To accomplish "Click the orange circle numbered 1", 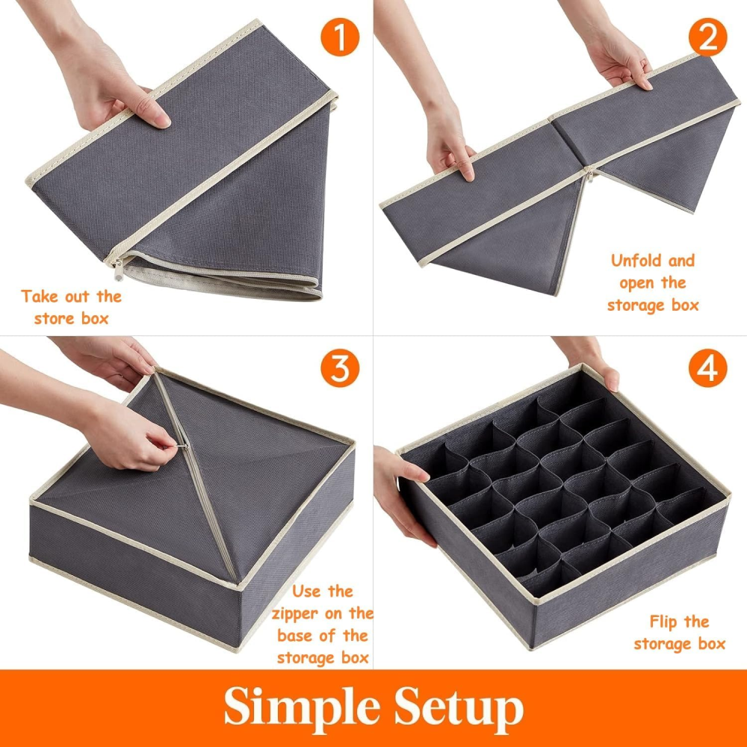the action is pyautogui.click(x=340, y=37).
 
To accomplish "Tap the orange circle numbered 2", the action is pyautogui.click(x=708, y=37).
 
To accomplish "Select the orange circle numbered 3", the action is pyautogui.click(x=340, y=368).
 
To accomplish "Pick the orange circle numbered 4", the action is pyautogui.click(x=708, y=368).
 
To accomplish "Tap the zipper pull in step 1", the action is pyautogui.click(x=118, y=270).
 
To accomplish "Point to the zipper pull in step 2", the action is pyautogui.click(x=591, y=176).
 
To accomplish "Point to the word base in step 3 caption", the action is pyautogui.click(x=296, y=636).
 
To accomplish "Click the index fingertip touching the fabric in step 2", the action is pyautogui.click(x=469, y=175).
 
